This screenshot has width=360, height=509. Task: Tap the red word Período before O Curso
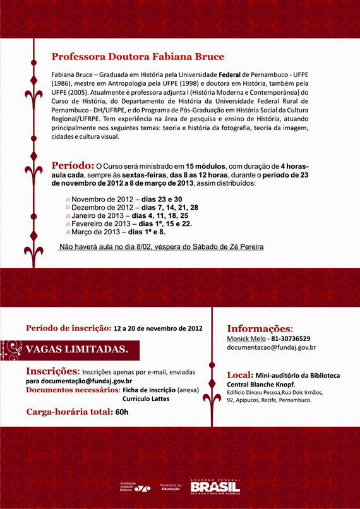pyautogui.click(x=73, y=165)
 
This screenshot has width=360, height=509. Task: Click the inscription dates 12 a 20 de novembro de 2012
pyautogui.click(x=158, y=328)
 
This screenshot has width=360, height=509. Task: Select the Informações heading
pyautogui.click(x=259, y=328)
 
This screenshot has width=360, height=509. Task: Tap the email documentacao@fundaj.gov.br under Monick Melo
pyautogui.click(x=272, y=347)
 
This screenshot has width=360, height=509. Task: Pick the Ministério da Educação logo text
pyautogui.click(x=171, y=487)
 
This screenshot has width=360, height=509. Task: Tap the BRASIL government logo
pyautogui.click(x=215, y=486)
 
